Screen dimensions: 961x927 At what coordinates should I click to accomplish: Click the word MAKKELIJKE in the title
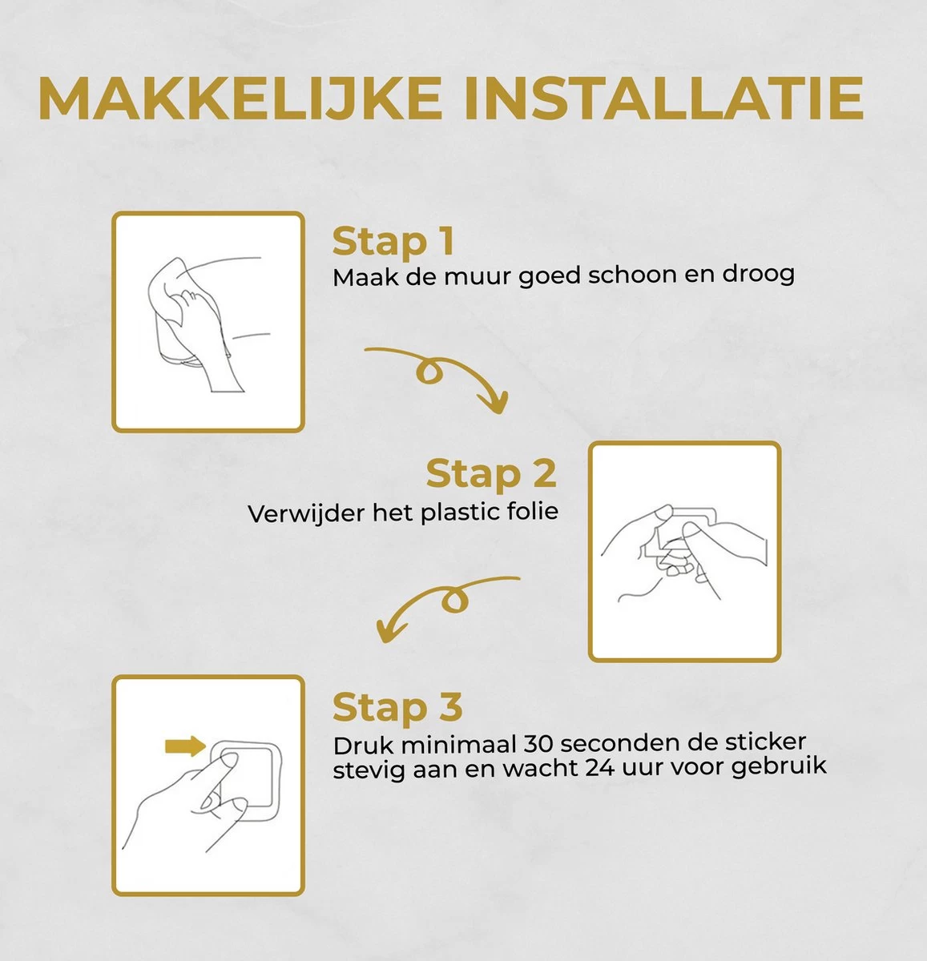240,99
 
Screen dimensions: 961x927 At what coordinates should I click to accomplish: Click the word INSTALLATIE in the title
665,99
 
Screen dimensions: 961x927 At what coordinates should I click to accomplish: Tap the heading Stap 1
393,242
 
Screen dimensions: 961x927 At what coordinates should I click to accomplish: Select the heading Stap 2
490,473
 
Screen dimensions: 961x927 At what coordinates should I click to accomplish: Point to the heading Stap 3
397,708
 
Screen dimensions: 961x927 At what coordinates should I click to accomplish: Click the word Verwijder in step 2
305,513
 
